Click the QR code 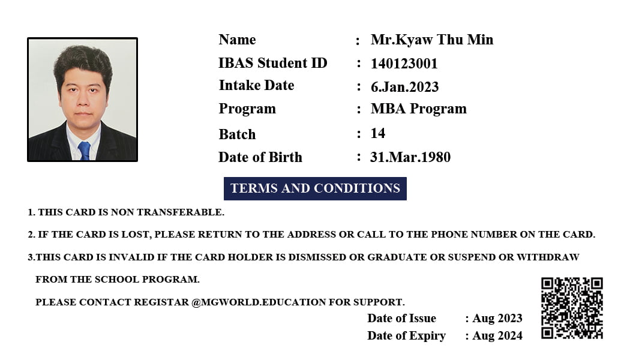tap(572, 308)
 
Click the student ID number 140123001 tap(404, 64)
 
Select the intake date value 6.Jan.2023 tap(404, 87)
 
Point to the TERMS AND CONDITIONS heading tap(315, 188)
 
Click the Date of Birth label tap(260, 157)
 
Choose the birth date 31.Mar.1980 tap(410, 157)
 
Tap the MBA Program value tap(418, 109)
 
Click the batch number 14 tap(377, 133)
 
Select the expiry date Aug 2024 tap(497, 336)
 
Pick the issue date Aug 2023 tap(497, 319)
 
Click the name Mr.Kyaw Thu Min tap(431, 40)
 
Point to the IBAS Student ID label tap(272, 63)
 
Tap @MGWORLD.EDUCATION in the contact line tap(259, 302)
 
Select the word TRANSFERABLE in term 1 tap(180, 212)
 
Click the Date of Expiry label tap(406, 336)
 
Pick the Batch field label tap(237, 134)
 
